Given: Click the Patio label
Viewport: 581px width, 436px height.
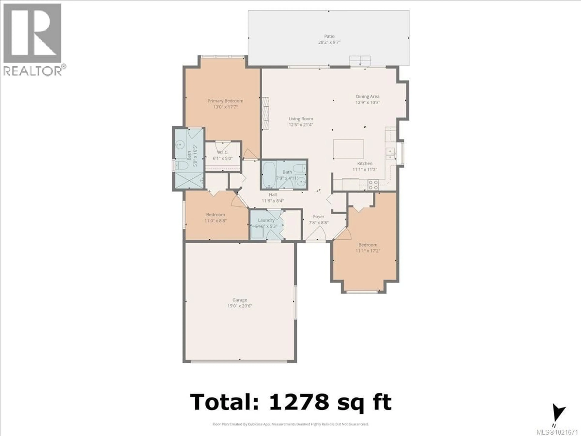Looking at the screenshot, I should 329,36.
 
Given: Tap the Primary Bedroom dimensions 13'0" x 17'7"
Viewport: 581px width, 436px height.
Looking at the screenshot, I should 225,107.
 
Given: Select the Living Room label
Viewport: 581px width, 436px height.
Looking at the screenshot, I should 301,119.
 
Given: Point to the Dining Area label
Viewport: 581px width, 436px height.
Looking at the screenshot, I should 368,96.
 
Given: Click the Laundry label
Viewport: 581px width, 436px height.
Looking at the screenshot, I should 266,220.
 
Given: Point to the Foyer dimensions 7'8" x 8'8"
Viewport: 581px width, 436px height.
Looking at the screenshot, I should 319,223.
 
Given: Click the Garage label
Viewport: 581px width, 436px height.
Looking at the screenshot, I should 240,300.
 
